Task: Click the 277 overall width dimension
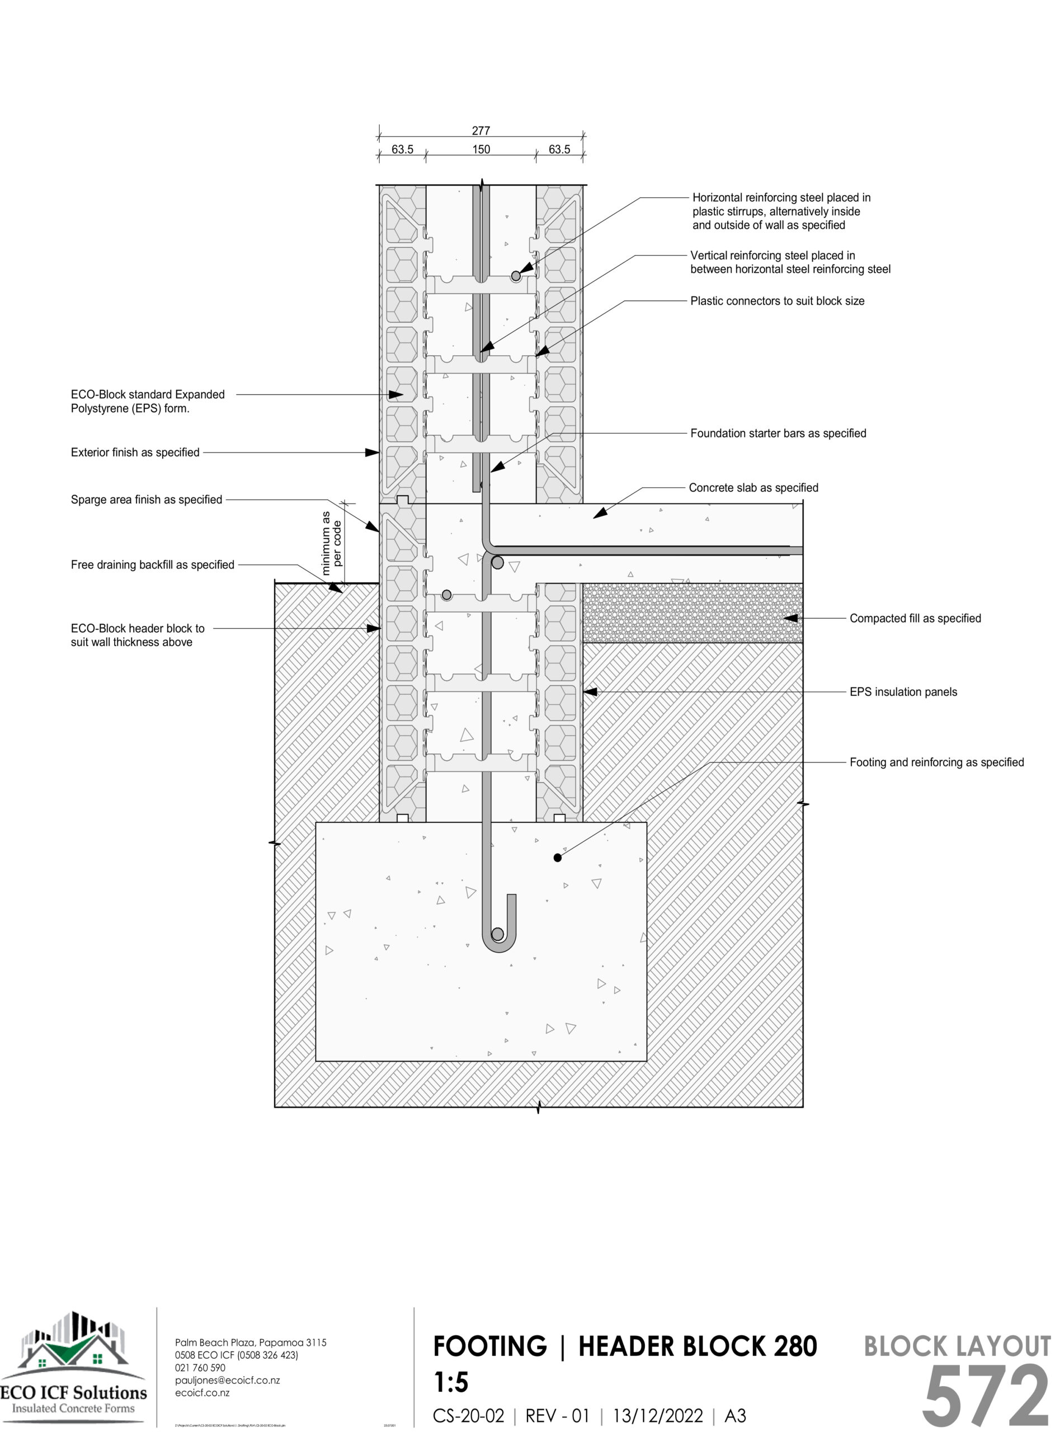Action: pos(481,131)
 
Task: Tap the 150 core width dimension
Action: pos(481,149)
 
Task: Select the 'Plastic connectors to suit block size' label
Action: pos(777,301)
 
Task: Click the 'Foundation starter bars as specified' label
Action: pos(778,433)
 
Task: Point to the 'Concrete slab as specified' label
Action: pos(753,488)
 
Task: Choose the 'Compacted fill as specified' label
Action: pos(915,618)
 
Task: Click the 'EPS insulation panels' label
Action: pos(903,691)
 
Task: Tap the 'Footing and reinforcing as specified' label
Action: pos(936,762)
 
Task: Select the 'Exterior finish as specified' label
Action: pos(135,452)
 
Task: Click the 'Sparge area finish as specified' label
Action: pos(146,500)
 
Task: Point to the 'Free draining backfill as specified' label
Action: pos(153,564)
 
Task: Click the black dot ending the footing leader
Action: pos(558,858)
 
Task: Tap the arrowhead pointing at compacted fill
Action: pos(790,618)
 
